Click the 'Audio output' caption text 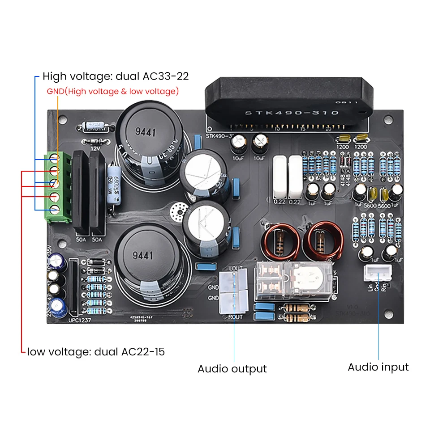coord(232,369)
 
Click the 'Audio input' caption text coord(378,367)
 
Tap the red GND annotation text coord(113,91)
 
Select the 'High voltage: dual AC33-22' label coord(116,76)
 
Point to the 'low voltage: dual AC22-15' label coord(96,352)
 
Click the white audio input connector coord(376,271)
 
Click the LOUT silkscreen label coord(235,268)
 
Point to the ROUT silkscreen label coord(235,317)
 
